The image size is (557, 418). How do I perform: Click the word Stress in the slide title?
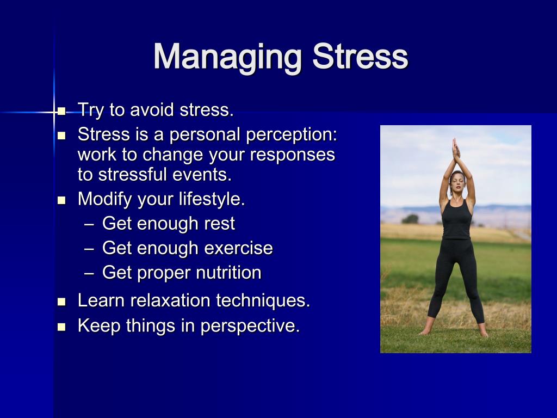360,57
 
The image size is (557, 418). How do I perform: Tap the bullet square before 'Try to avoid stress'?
61,112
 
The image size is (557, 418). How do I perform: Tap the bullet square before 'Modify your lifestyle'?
61,200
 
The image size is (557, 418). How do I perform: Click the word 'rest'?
220,224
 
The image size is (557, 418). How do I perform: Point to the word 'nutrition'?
228,273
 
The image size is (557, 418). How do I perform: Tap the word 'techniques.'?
263,300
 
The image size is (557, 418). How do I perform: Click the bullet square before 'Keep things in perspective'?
61,327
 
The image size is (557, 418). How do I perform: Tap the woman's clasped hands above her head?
456,149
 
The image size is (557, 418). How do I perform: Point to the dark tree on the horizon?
410,219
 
